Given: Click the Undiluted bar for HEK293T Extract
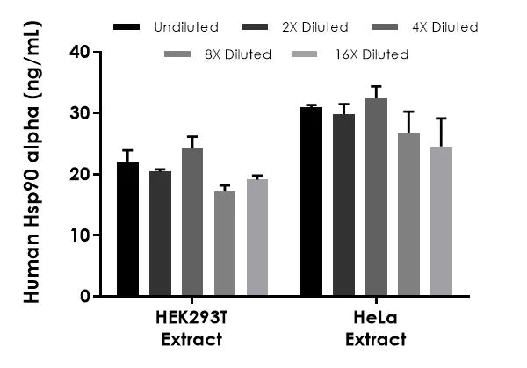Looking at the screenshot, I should (x=127, y=230).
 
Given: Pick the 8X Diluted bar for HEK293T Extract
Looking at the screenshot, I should (x=225, y=244).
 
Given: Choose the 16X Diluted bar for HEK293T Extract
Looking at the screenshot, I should (x=257, y=238).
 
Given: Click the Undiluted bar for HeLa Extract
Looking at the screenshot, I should (x=311, y=202).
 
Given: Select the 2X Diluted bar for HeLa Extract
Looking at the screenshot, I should (x=343, y=206).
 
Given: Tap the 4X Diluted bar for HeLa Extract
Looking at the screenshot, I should (x=376, y=198).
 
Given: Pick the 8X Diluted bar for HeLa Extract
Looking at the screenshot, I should (x=408, y=215).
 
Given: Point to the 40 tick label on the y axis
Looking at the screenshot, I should (x=80, y=52).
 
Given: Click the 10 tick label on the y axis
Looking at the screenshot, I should (x=80, y=235).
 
